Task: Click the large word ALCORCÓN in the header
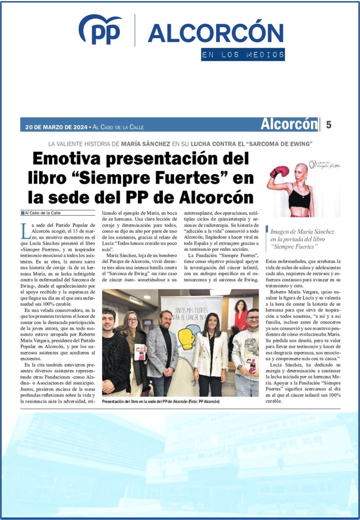pyautogui.click(x=215, y=33)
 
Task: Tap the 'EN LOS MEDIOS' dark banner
pyautogui.click(x=242, y=55)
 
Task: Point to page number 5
pyautogui.click(x=329, y=124)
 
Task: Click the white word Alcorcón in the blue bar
pyautogui.click(x=288, y=124)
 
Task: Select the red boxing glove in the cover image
pyautogui.click(x=279, y=172)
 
